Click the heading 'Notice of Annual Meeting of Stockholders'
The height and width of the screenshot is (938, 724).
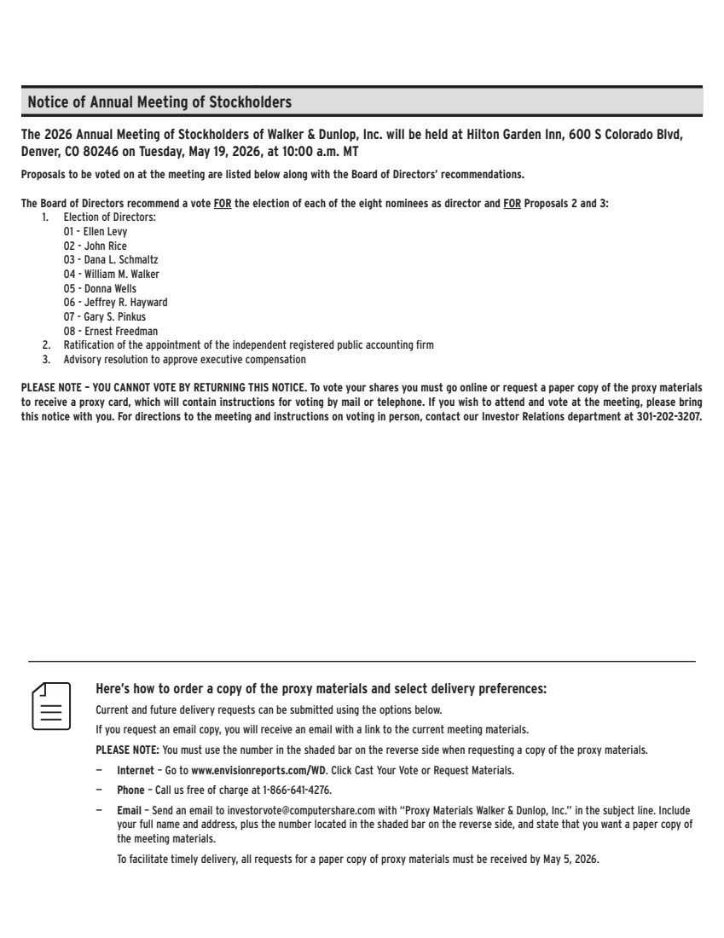pos(159,102)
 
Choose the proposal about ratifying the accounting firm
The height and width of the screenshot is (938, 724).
pos(248,345)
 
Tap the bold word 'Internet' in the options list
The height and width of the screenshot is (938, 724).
pos(135,770)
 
